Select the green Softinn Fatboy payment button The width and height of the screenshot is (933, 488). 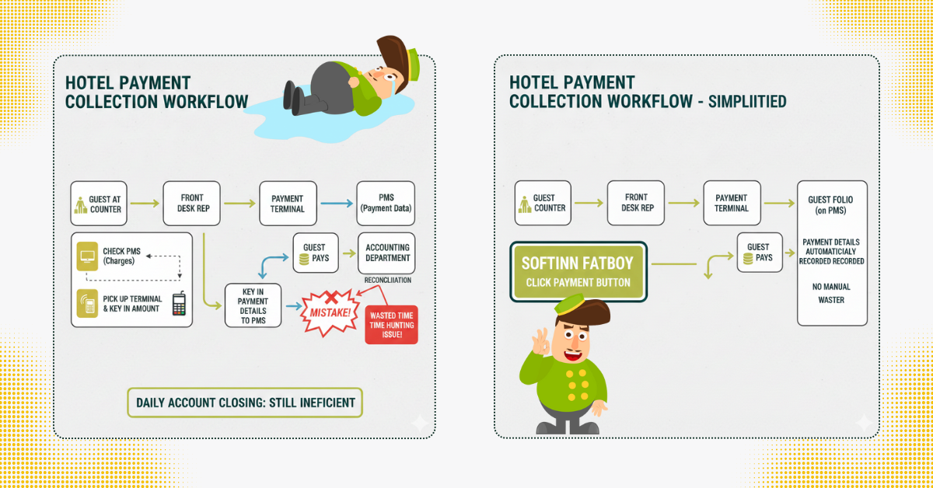[x=578, y=272]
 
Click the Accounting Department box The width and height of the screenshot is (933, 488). [x=387, y=253]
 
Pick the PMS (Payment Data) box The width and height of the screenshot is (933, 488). [x=386, y=204]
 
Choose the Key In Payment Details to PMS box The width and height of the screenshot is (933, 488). [x=253, y=306]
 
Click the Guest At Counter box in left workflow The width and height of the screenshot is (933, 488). [x=98, y=204]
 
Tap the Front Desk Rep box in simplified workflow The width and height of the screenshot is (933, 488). [x=637, y=204]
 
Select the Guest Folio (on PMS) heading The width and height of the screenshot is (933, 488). [x=832, y=205]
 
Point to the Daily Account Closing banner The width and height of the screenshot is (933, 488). [x=244, y=403]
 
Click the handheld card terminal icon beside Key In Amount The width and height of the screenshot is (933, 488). [x=180, y=304]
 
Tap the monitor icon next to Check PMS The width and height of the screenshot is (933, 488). [x=87, y=256]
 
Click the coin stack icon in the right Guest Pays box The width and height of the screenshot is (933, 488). [x=748, y=258]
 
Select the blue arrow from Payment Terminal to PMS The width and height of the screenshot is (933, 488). [x=336, y=204]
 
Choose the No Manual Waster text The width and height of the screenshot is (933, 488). [x=831, y=293]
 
